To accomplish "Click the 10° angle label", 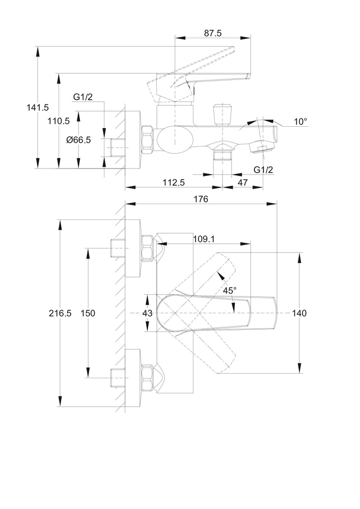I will [300, 122].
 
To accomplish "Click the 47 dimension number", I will [242, 182].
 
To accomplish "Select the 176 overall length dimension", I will [201, 200].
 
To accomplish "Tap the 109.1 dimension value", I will [204, 239].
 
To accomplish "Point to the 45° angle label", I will [230, 291].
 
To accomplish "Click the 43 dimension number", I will [147, 314].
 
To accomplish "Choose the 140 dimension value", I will [299, 314].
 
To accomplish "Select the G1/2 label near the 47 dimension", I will [263, 169].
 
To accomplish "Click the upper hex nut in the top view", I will [147, 248].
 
